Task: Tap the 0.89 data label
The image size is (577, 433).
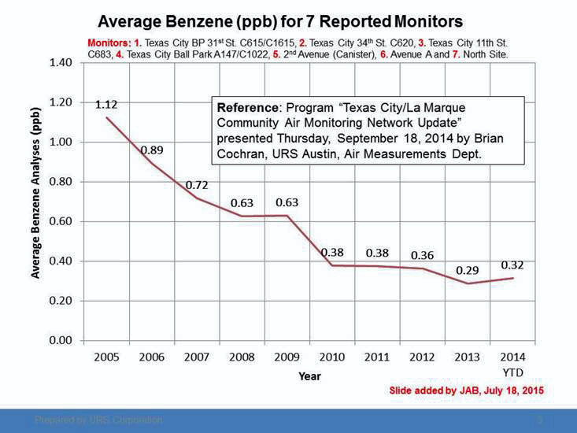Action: click(152, 150)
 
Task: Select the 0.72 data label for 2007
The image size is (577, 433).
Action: click(197, 185)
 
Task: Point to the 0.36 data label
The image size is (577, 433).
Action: click(423, 255)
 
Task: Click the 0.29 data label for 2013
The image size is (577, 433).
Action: click(468, 270)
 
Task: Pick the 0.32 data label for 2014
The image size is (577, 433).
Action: click(512, 265)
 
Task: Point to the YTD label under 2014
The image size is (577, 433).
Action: click(512, 372)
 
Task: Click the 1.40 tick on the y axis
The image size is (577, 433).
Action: click(61, 62)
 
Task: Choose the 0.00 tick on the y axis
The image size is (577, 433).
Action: click(61, 340)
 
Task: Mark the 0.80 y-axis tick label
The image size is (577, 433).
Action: click(61, 182)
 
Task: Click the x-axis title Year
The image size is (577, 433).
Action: click(309, 376)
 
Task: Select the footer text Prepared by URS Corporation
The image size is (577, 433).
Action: click(98, 420)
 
